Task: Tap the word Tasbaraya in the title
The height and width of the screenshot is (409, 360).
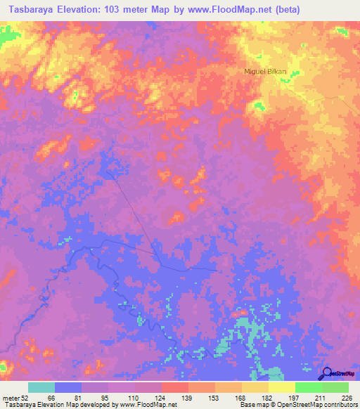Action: tap(30, 10)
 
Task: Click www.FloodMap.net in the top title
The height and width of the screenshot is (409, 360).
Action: tap(221, 10)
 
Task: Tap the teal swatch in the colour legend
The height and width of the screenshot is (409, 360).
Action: tap(41, 387)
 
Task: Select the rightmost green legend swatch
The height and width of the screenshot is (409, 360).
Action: tap(335, 387)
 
